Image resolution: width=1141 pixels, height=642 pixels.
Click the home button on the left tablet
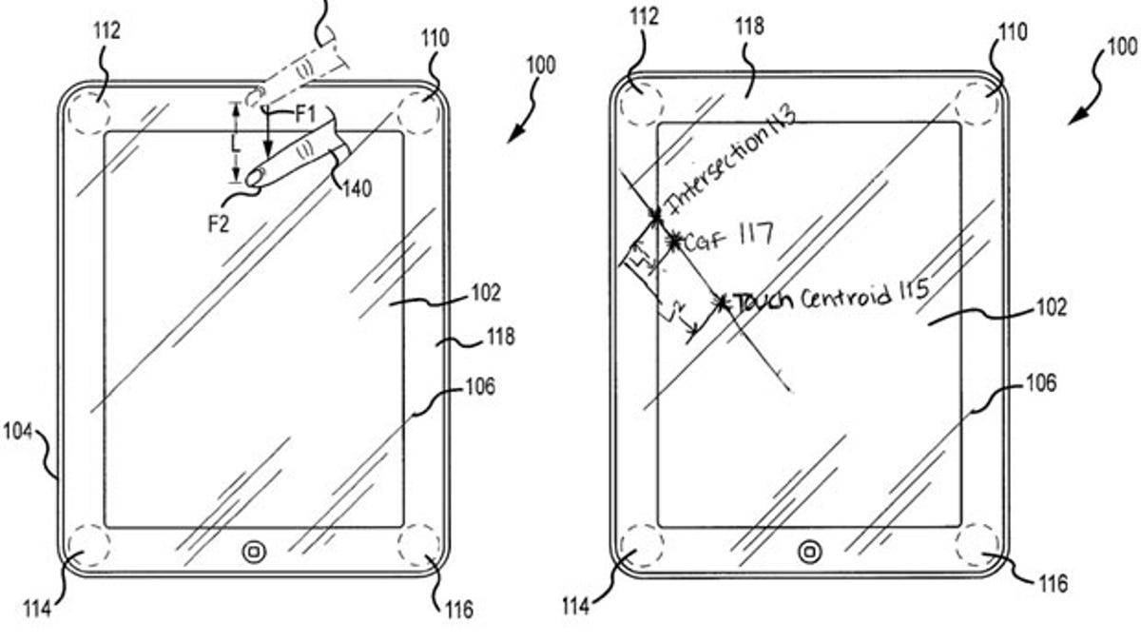[x=254, y=553]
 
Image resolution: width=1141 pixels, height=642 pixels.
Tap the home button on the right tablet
[x=810, y=551]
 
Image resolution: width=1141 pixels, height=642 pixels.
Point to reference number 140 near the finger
[x=357, y=187]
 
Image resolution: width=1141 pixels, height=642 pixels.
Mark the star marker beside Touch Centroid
[x=724, y=302]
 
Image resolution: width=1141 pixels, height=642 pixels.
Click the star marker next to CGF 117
[x=674, y=243]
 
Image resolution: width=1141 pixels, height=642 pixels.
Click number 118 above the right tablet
[x=750, y=27]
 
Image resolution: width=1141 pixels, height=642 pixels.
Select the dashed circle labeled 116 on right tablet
[x=977, y=550]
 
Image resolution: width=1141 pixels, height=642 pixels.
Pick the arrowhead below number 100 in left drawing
[x=512, y=136]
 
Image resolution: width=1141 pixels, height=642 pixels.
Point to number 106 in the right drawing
[x=1041, y=383]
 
